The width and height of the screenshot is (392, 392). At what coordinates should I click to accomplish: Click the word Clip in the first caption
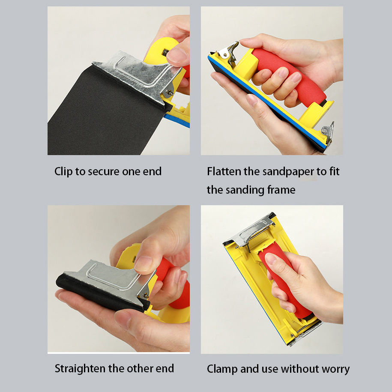pyautogui.click(x=63, y=172)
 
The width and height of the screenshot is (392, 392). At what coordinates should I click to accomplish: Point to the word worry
pyautogui.click(x=336, y=370)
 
